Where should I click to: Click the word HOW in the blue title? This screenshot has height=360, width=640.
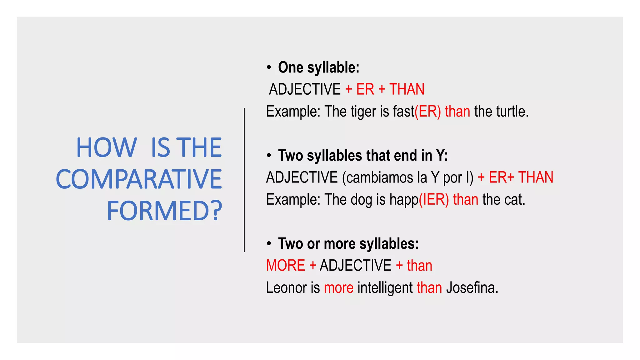107,147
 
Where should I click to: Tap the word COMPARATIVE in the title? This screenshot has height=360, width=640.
139,179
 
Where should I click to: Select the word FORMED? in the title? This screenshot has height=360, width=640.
164,211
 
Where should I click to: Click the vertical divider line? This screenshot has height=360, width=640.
244,180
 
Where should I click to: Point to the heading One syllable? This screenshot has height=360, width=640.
318,67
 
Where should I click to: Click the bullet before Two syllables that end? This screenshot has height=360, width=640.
269,156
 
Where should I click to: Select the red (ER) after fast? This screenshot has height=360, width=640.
427,112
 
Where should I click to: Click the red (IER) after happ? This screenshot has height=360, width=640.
434,200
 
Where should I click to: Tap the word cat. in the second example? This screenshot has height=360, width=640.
515,200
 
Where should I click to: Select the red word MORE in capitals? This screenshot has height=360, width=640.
285,266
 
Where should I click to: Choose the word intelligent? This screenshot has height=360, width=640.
385,288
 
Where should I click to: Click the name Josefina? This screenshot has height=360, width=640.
472,288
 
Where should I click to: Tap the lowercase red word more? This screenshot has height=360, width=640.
338,288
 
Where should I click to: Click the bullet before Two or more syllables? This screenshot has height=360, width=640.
269,244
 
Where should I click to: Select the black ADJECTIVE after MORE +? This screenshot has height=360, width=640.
355,266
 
